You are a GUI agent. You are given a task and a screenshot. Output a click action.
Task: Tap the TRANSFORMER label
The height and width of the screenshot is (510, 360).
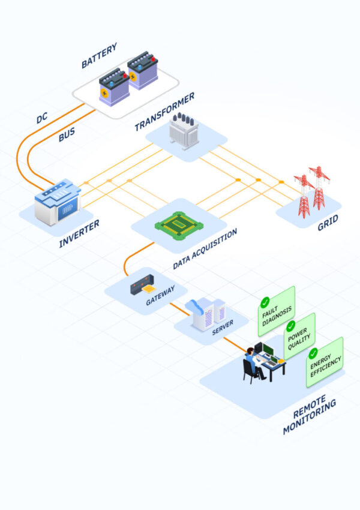click(x=164, y=112)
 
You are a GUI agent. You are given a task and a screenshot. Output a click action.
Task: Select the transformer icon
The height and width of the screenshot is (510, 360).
click(x=183, y=131)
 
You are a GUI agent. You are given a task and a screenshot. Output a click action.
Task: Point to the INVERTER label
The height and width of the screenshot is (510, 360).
click(x=79, y=234)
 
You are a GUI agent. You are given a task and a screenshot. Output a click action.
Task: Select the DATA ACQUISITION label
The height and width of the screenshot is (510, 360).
click(x=205, y=248)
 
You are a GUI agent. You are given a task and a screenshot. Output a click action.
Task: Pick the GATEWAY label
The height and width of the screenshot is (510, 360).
click(x=160, y=295)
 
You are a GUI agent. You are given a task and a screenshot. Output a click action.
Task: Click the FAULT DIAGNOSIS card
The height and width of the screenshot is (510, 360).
click(x=277, y=311)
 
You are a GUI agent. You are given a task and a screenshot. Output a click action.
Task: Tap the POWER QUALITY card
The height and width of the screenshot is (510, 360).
click(x=299, y=336)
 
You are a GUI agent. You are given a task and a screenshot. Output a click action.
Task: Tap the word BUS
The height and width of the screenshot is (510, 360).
click(x=66, y=135)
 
